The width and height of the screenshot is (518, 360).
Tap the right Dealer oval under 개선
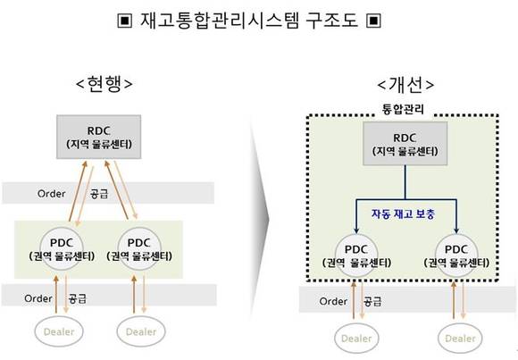click(460, 339)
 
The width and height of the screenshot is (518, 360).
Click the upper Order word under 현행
click(52, 193)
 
